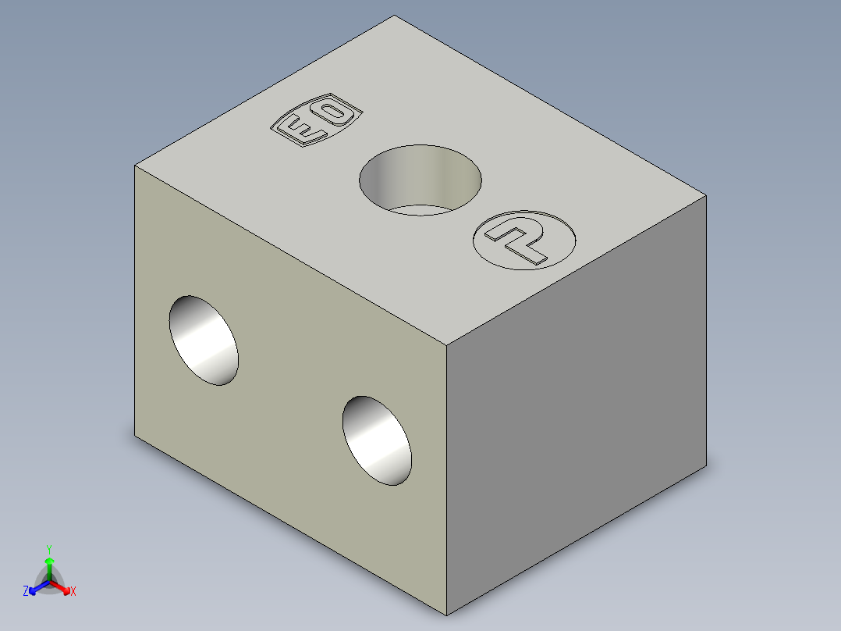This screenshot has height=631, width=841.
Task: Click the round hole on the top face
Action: point(420,180)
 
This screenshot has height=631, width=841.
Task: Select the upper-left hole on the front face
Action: point(204,340)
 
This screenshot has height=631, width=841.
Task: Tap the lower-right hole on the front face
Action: point(377,441)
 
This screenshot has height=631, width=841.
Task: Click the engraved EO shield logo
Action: point(317,119)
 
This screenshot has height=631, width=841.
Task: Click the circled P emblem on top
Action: point(524,240)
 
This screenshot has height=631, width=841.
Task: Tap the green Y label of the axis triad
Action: point(49,549)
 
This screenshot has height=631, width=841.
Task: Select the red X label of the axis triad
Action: point(73,591)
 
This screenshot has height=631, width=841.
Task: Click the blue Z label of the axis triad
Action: point(26,591)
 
